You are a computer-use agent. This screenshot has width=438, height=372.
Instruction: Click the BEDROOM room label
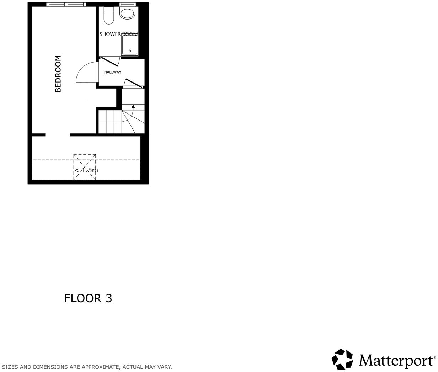[58, 74]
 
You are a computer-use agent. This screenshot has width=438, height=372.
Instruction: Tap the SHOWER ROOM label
[118, 34]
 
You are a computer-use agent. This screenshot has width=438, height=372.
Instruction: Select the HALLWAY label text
[113, 72]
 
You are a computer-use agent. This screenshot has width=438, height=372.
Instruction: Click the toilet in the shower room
[108, 16]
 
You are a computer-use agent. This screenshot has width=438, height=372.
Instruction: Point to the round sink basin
[127, 14]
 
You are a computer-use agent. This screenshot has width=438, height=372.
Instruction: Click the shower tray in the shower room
[130, 45]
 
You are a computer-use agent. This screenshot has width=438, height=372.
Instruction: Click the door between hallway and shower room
[110, 62]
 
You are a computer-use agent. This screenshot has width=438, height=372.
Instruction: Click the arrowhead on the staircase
[133, 106]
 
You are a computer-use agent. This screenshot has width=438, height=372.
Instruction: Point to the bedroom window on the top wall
[66, 4]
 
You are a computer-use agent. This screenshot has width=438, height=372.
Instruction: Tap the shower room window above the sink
[128, 4]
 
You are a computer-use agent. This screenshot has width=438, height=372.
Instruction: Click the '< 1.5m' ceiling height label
[86, 170]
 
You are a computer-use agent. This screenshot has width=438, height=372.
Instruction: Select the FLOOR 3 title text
[88, 298]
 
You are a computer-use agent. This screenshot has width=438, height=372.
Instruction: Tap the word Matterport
[396, 360]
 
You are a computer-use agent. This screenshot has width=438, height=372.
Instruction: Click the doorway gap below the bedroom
[58, 135]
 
